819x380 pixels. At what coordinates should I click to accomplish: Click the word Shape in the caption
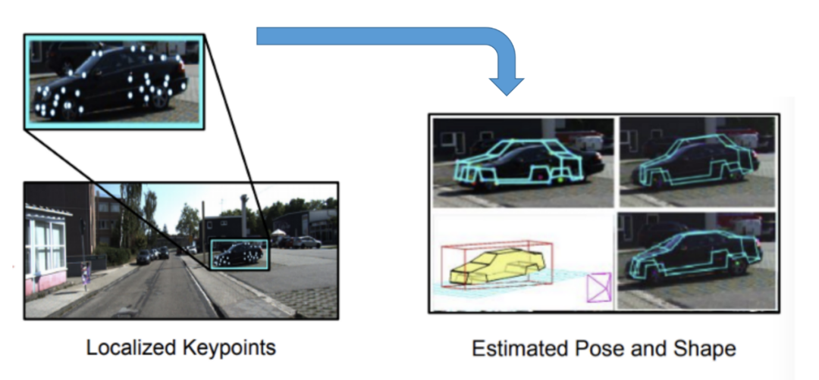[x=703, y=349]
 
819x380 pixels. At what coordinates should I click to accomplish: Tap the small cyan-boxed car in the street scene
[x=238, y=254]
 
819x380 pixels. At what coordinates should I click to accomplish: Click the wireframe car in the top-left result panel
[x=519, y=161]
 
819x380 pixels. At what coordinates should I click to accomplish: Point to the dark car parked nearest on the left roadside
[x=143, y=257]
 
